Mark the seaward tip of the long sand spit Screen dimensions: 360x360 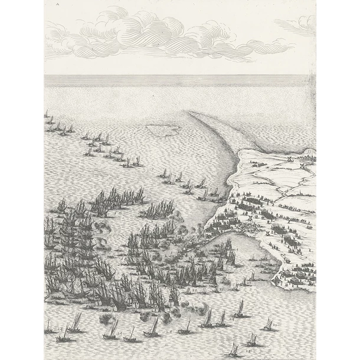point(190,112)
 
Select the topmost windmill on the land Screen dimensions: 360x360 point(289,158)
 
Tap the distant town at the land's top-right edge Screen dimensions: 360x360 point(307,158)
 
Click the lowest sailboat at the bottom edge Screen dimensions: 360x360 point(234,349)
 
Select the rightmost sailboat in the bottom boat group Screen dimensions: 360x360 point(269,324)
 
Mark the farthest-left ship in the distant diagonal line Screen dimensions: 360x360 point(46,113)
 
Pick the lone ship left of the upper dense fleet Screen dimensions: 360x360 point(61,206)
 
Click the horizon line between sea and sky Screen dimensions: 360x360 point(177,75)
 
